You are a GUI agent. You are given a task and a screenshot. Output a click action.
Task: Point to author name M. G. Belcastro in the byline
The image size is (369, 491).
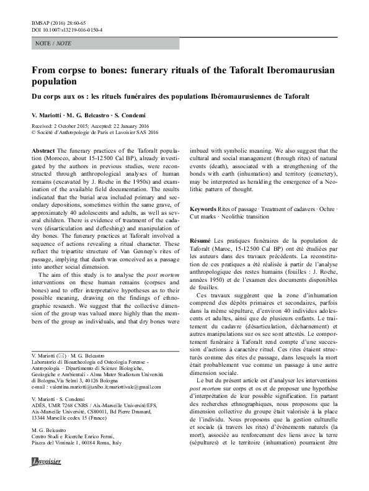(95, 117)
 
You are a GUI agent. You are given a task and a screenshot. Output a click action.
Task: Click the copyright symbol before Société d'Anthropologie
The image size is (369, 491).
(33, 132)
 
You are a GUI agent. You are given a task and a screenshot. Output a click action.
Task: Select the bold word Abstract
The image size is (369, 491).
(42, 151)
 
